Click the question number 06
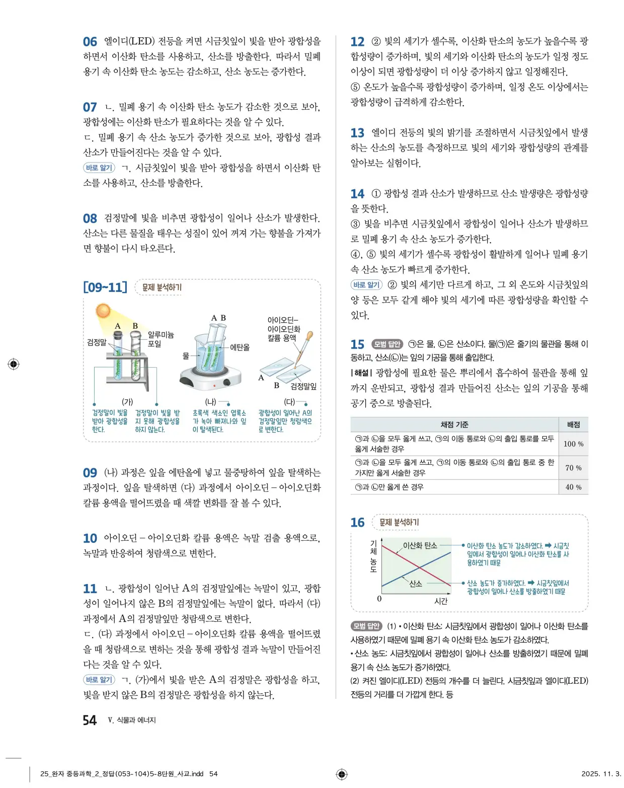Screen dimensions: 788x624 click(x=90, y=42)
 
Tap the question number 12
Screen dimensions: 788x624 click(x=357, y=42)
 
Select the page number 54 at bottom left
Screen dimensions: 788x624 click(x=90, y=720)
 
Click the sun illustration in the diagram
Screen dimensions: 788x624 click(x=103, y=310)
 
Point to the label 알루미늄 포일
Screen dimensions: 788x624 click(x=161, y=339)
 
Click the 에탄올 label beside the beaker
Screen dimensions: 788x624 click(x=240, y=347)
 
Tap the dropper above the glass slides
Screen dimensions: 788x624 click(x=304, y=347)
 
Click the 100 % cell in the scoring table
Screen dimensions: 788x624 click(x=573, y=444)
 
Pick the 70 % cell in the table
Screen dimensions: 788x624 click(x=573, y=468)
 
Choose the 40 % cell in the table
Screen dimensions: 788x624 click(x=573, y=487)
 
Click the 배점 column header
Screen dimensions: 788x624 click(x=573, y=424)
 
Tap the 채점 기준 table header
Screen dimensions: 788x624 click(x=454, y=424)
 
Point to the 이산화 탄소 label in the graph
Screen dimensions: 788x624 click(x=420, y=545)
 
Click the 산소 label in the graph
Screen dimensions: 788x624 click(x=416, y=584)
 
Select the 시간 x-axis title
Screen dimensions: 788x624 click(x=441, y=601)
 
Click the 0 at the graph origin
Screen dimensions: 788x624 click(x=379, y=599)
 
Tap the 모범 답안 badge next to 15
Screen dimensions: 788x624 click(x=387, y=344)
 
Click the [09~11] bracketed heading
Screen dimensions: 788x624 click(x=105, y=288)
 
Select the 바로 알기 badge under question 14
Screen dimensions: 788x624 click(x=366, y=284)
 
